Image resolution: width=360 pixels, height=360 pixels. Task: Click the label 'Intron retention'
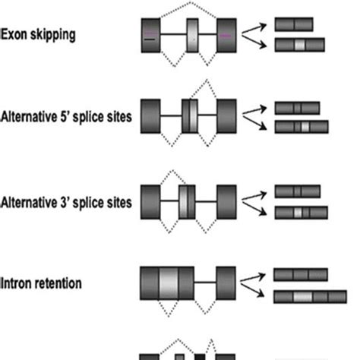(42, 283)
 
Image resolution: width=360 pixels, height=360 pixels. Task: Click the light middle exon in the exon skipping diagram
(192, 35)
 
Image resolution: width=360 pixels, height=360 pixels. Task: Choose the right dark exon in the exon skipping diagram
(227, 35)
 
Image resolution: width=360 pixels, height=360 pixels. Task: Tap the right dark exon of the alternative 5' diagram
(227, 117)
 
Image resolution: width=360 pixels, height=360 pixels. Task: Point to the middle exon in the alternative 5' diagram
(190, 117)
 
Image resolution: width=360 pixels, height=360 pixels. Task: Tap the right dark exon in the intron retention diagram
(227, 283)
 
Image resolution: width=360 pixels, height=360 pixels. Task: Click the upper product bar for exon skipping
(294, 24)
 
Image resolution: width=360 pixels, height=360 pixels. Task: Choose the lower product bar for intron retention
(303, 295)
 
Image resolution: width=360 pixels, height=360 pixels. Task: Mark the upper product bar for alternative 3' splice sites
(294, 191)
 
